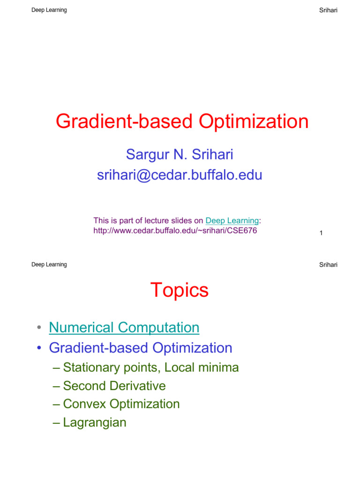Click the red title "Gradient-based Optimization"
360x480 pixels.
[x=182, y=122]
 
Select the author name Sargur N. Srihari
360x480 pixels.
[x=180, y=153]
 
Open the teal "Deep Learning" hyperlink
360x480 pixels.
[x=232, y=220]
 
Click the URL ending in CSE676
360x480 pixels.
[x=175, y=231]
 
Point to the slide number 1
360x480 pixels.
[x=321, y=233]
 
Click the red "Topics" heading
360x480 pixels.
[x=180, y=290]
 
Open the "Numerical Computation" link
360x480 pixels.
[x=124, y=328]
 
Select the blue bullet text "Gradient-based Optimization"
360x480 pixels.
[x=141, y=348]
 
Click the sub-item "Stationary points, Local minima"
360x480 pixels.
[x=151, y=367]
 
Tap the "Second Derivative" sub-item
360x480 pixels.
[x=114, y=386]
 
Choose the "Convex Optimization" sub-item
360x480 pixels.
[x=121, y=404]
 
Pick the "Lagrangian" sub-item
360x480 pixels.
[x=94, y=423]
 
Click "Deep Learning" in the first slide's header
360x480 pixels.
[x=49, y=10]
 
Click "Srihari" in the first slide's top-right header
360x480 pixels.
[x=328, y=11]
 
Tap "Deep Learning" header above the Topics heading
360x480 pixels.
[x=49, y=264]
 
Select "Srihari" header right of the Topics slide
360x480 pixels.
[x=328, y=265]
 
